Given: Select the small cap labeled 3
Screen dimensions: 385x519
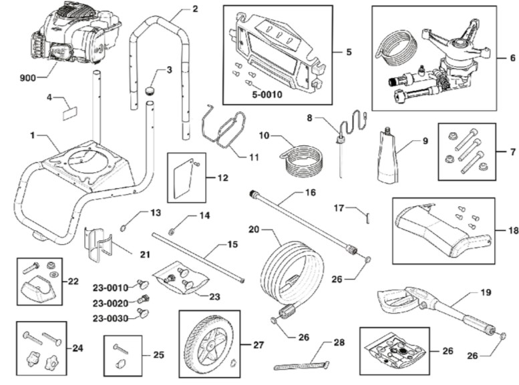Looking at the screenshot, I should tap(151, 89).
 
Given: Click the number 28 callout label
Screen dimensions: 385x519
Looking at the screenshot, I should tap(339, 342).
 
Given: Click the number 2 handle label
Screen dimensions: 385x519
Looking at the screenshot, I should tap(194, 9).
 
